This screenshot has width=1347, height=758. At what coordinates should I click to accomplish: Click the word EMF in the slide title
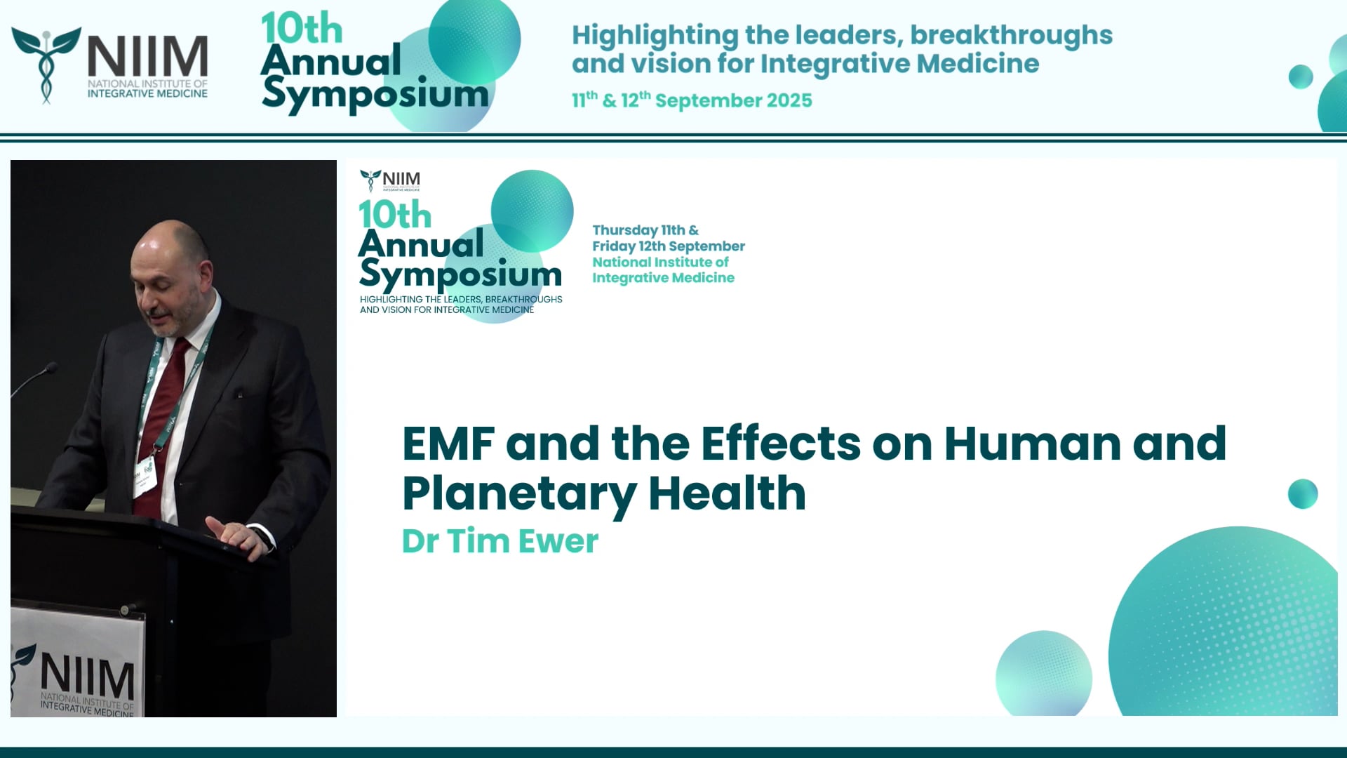point(448,444)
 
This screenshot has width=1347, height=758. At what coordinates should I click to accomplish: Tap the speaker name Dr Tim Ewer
point(500,541)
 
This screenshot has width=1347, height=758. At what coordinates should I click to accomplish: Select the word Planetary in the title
point(519,494)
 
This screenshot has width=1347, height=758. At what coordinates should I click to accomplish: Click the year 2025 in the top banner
point(789,100)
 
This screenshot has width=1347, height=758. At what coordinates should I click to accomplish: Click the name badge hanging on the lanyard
point(146,474)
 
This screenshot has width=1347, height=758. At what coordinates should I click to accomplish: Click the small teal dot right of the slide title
point(1302,493)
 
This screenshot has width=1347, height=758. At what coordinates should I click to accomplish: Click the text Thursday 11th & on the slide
point(645,230)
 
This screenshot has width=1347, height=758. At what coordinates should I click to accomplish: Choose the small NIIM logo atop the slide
point(390,180)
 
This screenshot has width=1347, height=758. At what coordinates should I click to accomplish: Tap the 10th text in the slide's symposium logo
point(394,215)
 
